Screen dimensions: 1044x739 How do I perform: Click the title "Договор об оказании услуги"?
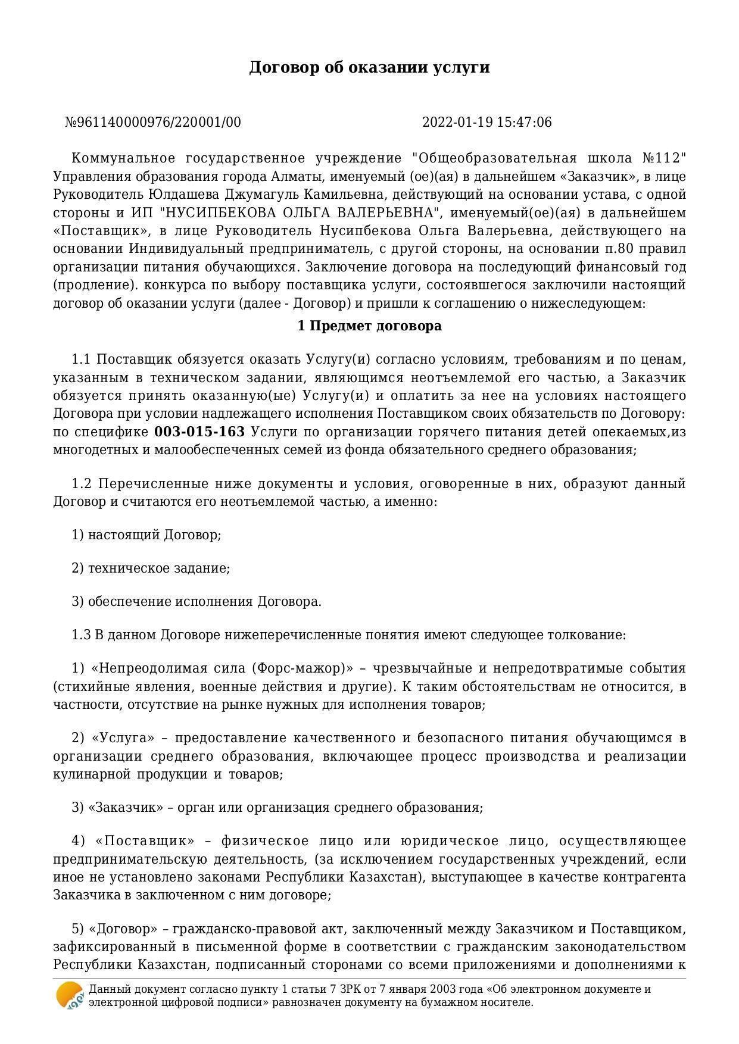(369, 67)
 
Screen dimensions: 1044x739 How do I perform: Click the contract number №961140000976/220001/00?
(153, 123)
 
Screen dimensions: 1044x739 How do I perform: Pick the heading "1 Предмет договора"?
(369, 326)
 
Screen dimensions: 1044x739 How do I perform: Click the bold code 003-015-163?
(199, 432)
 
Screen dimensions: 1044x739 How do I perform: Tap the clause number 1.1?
(81, 360)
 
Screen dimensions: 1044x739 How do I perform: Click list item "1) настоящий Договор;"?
(146, 534)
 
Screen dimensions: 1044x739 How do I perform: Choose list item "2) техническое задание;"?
(151, 568)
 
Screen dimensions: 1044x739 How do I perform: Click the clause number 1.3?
(81, 634)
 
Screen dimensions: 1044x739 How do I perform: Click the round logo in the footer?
(70, 995)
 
